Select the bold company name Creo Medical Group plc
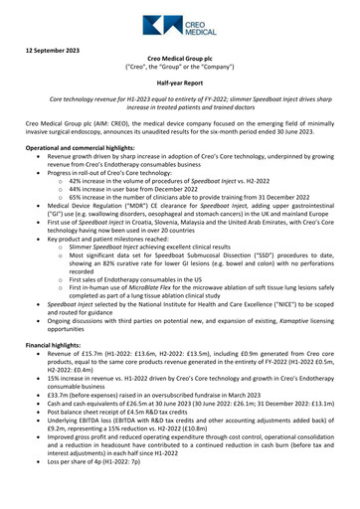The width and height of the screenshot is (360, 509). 179,60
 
